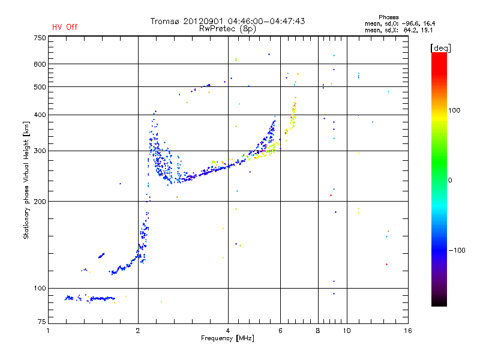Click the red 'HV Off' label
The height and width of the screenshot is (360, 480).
pos(65,27)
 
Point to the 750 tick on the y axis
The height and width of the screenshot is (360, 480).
pos(40,38)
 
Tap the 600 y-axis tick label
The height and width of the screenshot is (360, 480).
pos(40,64)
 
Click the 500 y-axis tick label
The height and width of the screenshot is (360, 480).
pos(40,87)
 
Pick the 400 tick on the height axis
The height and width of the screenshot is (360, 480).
pos(40,115)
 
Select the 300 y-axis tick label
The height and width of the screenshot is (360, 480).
pos(40,151)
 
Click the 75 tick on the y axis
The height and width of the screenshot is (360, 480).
pos(41,324)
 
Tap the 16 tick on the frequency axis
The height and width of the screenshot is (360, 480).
pos(407,331)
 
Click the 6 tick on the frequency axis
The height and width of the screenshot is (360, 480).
pos(281,331)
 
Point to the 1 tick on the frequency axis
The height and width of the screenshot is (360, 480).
pos(49,331)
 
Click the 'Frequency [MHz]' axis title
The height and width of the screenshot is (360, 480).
pos(227,339)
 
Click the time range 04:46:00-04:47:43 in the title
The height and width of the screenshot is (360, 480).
pos(265,21)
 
